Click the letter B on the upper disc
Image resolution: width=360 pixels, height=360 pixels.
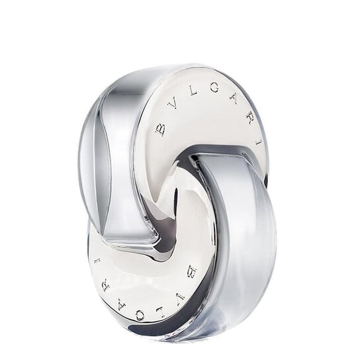pyautogui.click(x=160, y=128)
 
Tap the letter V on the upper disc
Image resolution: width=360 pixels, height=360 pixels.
pyautogui.click(x=173, y=106)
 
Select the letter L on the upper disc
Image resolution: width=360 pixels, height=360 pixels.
pyautogui.click(x=193, y=91)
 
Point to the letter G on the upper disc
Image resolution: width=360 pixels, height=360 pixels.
pyautogui.click(x=214, y=87)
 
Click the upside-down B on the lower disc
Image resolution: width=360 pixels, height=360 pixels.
pyautogui.click(x=191, y=271)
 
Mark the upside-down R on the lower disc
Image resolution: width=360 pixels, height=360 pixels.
pyautogui.click(x=105, y=286)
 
